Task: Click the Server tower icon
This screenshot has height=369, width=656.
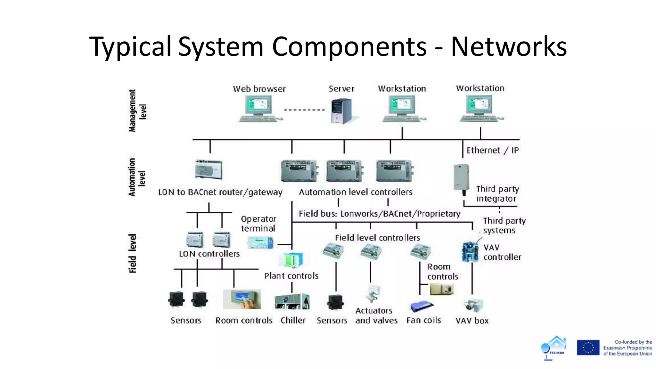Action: [341, 111]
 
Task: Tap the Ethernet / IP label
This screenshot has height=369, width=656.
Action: [492, 150]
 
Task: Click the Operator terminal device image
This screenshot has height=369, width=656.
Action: [260, 242]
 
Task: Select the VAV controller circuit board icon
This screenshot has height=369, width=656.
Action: [470, 252]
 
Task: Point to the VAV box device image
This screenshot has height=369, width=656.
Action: [474, 305]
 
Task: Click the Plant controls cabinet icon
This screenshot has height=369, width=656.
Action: [291, 260]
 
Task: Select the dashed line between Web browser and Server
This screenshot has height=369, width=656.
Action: [304, 110]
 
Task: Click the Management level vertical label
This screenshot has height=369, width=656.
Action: [137, 111]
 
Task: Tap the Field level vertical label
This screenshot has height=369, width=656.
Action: [133, 253]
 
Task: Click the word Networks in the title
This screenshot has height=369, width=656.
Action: [509, 47]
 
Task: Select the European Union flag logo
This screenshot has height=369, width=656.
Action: [588, 348]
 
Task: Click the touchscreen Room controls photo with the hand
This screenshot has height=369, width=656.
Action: [242, 299]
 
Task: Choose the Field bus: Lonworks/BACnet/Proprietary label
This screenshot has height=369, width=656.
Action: [379, 214]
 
